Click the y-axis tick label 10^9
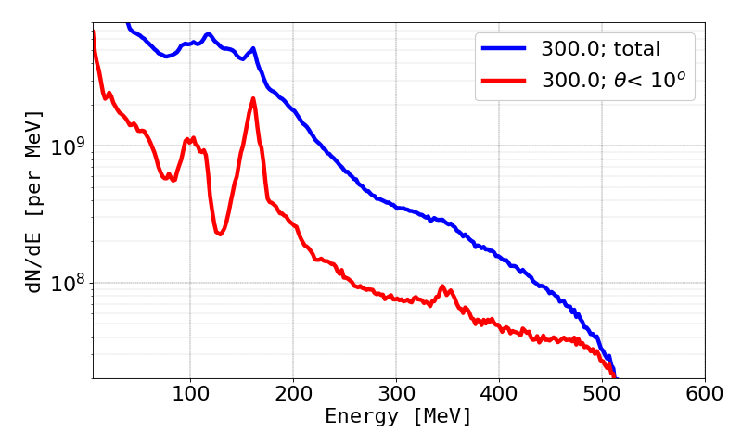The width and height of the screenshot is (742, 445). [67, 146]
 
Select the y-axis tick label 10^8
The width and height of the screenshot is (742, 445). [67, 282]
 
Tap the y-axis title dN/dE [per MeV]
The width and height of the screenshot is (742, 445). [34, 200]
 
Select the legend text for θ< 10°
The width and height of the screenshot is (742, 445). [619, 81]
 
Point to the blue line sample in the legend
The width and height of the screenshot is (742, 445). [505, 47]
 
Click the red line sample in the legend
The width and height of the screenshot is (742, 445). [505, 81]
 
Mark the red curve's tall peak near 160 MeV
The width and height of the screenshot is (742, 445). [253, 98]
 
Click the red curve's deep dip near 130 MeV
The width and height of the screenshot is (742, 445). [219, 234]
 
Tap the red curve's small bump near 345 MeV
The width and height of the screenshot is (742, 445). [442, 287]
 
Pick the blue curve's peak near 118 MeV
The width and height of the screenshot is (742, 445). [208, 35]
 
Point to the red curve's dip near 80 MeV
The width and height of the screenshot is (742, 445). [168, 179]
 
